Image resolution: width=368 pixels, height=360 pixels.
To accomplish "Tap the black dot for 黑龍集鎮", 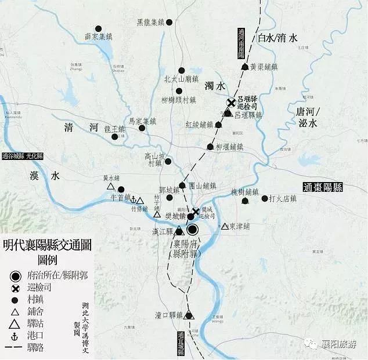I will tap(169, 23).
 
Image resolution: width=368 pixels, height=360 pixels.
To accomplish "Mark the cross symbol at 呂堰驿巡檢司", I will tap(231, 103).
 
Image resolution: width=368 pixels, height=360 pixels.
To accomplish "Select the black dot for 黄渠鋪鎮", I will tap(244, 67).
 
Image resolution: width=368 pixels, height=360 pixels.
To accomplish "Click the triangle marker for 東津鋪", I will tap(225, 226).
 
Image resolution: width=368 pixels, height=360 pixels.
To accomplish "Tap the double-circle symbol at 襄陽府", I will tap(193, 230).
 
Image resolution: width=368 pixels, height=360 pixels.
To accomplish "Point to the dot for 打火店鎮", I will tap(265, 198).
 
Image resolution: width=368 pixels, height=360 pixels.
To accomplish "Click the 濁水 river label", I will tap(215, 86).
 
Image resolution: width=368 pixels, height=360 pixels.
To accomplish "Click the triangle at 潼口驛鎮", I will tap(188, 316).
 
